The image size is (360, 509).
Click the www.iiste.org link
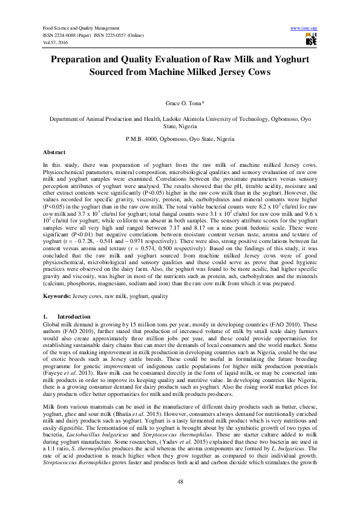[x=304, y=28]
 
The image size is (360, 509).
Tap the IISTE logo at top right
[x=312, y=40]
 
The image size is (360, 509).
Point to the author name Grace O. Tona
[x=180, y=105]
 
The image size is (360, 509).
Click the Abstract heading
[x=54, y=154]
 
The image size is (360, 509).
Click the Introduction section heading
[x=74, y=317]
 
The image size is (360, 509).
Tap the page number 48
[x=180, y=481]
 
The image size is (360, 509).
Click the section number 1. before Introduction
[x=45, y=317]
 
